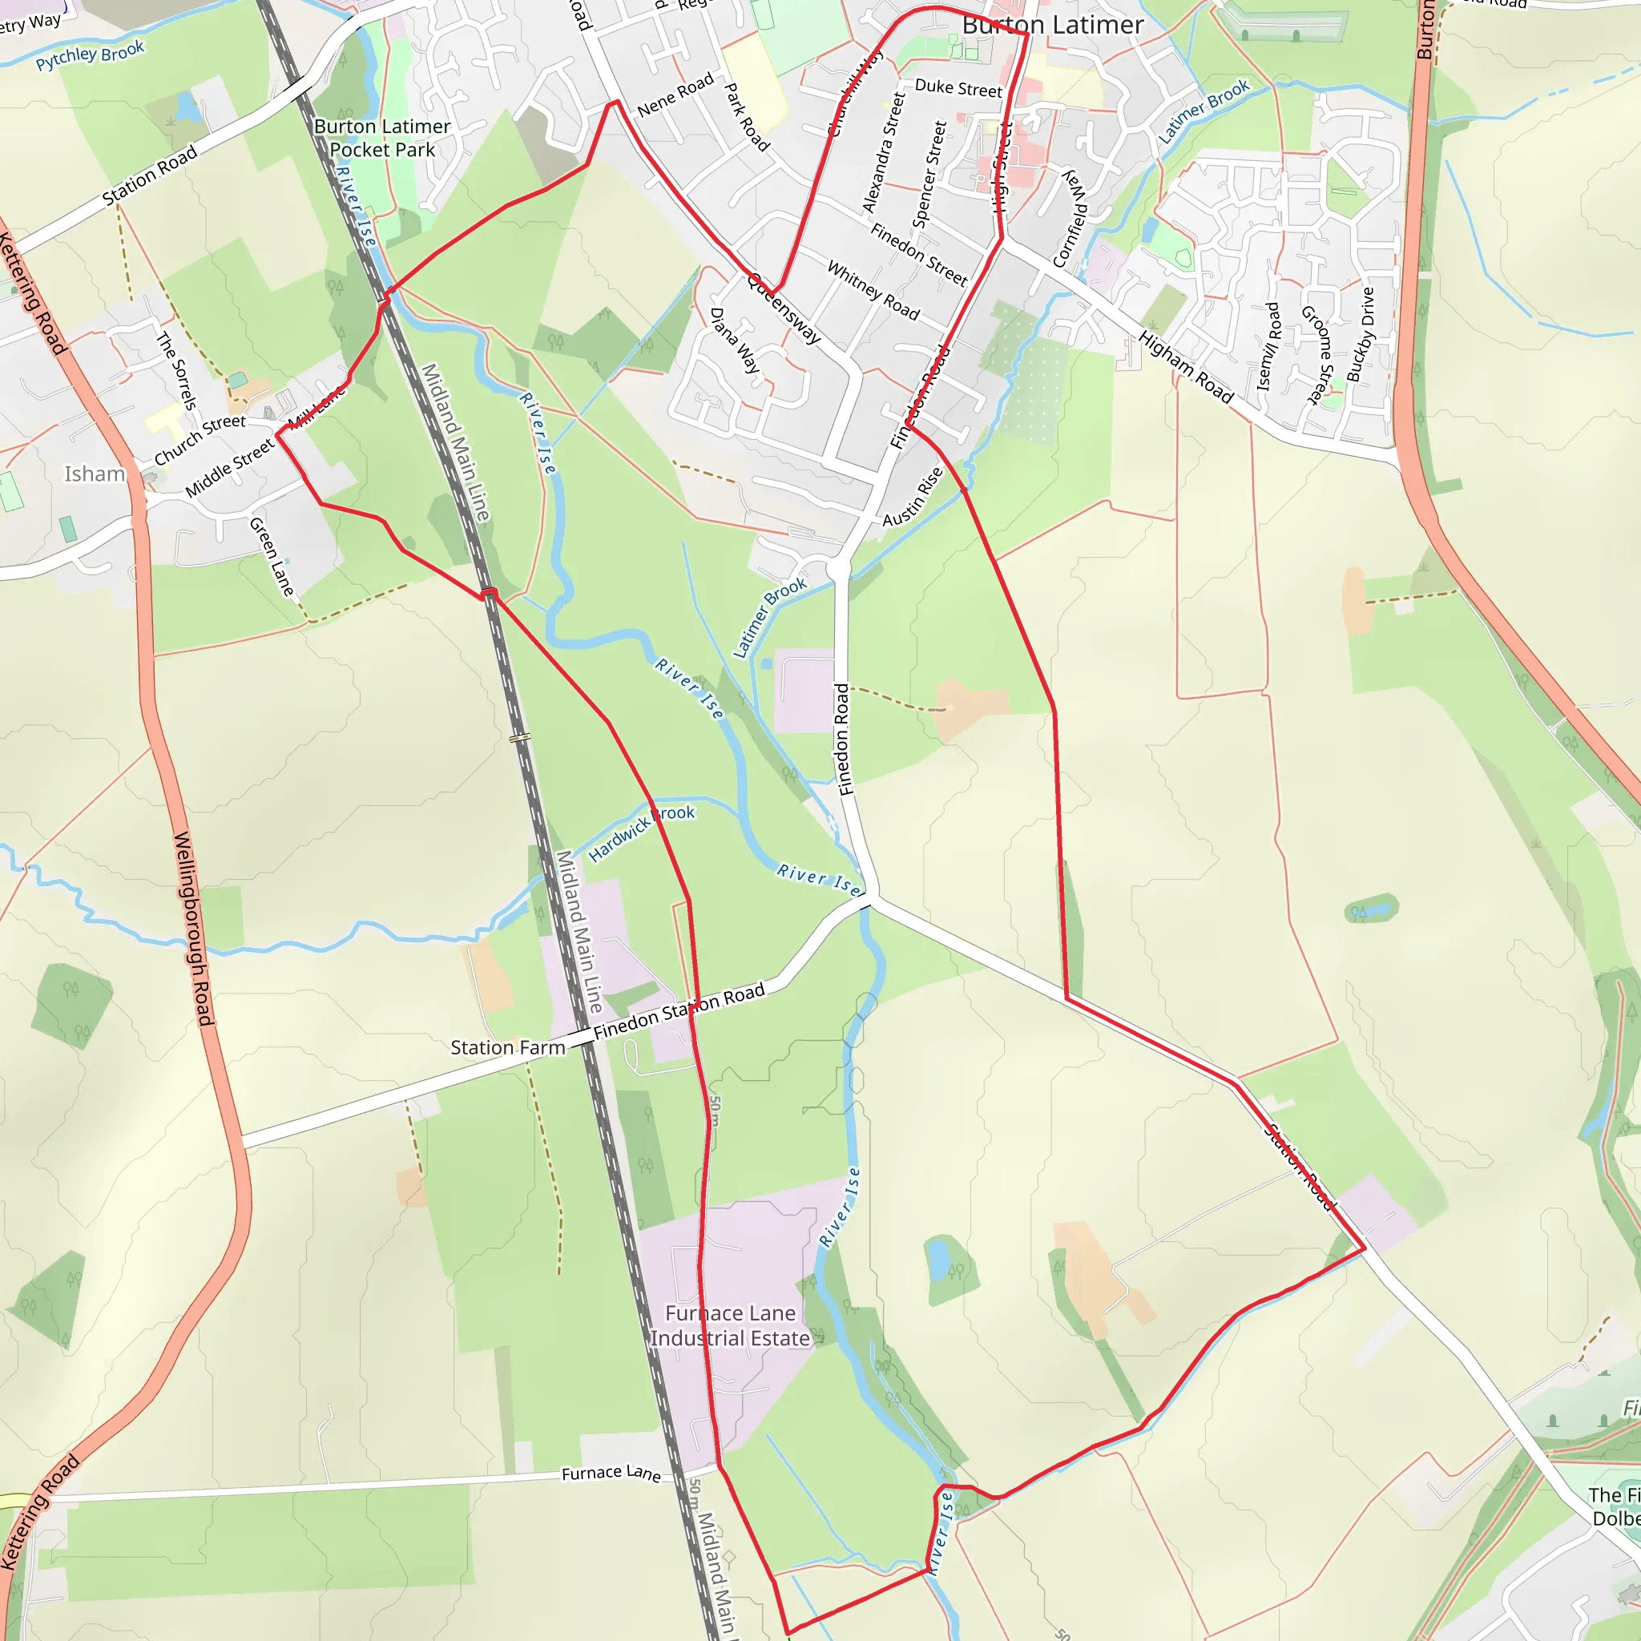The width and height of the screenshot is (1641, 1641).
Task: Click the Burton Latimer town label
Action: (1052, 26)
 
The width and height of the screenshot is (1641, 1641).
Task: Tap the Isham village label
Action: (95, 474)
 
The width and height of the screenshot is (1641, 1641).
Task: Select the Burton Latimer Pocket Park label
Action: (382, 139)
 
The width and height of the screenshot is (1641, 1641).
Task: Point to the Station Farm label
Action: (507, 1047)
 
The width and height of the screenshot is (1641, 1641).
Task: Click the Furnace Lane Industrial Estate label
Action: (730, 1325)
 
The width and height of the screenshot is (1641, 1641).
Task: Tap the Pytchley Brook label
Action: (90, 55)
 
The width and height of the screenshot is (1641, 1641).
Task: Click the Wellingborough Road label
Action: (193, 929)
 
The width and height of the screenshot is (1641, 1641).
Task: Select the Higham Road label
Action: (1186, 367)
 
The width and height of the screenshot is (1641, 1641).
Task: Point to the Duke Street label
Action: (958, 87)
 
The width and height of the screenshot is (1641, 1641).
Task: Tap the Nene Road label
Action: (675, 95)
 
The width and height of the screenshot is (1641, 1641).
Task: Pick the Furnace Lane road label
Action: (611, 1472)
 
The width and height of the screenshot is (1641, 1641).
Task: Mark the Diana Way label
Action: (735, 340)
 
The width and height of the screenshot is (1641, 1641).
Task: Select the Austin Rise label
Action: (913, 497)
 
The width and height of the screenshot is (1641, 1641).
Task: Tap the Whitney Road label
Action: (873, 292)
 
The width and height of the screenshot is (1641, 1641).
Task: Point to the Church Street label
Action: (200, 440)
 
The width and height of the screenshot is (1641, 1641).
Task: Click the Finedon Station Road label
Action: (679, 1012)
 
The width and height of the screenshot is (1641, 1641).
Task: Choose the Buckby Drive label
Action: (1360, 335)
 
